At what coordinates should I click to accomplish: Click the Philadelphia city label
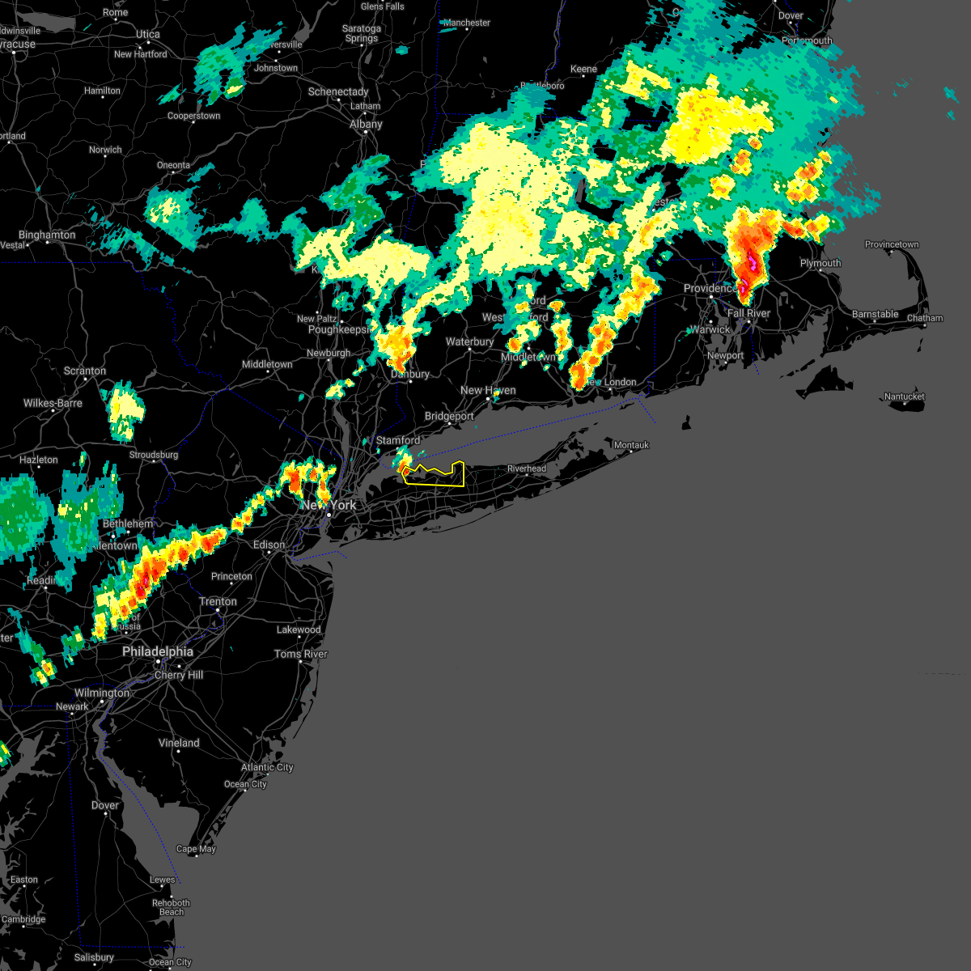(158, 651)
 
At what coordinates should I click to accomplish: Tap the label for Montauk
(631, 445)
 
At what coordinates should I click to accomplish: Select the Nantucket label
(905, 396)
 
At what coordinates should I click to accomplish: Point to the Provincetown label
(892, 244)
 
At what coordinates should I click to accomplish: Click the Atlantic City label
(267, 767)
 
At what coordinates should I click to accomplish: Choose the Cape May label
(196, 849)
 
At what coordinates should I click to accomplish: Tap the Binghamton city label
(47, 235)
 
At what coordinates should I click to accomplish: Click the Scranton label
(85, 371)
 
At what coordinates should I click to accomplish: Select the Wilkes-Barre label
(53, 403)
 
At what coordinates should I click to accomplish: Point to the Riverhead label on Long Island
(527, 469)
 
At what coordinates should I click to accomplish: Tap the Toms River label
(301, 654)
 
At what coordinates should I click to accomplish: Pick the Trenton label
(218, 601)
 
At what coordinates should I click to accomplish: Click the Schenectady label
(338, 91)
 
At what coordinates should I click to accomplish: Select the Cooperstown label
(193, 116)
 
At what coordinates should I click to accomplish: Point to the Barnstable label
(876, 314)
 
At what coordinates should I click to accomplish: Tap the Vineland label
(179, 743)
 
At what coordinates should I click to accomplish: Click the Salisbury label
(94, 957)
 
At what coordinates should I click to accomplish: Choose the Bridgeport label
(449, 416)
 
